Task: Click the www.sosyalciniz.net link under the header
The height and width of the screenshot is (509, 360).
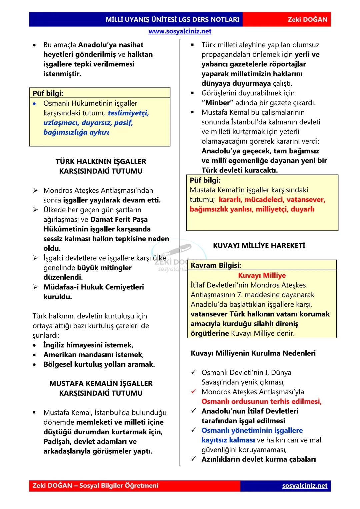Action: pyautogui.click(x=180, y=31)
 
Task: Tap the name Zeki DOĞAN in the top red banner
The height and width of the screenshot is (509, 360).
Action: pyautogui.click(x=307, y=19)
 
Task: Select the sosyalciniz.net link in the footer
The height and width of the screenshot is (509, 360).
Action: pyautogui.click(x=305, y=485)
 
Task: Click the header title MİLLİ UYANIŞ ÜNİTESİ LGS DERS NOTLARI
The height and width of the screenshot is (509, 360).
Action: pyautogui.click(x=172, y=19)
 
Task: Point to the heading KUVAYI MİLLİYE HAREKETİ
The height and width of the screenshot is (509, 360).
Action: pyautogui.click(x=259, y=246)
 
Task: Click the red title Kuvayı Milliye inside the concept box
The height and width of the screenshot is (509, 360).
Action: pyautogui.click(x=262, y=275)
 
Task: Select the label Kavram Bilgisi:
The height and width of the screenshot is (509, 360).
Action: pyautogui.click(x=216, y=265)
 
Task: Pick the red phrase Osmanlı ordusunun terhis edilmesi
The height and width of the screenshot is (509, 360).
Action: pyautogui.click(x=261, y=401)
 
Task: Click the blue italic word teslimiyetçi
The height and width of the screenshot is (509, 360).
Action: pyautogui.click(x=128, y=113)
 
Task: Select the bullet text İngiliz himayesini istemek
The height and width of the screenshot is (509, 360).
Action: pyautogui.click(x=88, y=345)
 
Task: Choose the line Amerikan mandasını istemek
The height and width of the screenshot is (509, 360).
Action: pyautogui.click(x=93, y=355)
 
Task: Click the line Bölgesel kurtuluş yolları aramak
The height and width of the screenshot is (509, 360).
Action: pyautogui.click(x=99, y=364)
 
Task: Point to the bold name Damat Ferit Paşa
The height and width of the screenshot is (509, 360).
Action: pyautogui.click(x=119, y=219)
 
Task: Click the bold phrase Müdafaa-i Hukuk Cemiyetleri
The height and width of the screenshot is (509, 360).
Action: pyautogui.click(x=94, y=287)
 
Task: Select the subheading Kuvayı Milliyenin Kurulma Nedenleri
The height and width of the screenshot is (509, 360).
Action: pyautogui.click(x=253, y=353)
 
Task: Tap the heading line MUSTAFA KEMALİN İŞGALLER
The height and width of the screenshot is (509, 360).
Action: pyautogui.click(x=101, y=383)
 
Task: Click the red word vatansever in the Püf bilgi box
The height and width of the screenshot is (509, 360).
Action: pyautogui.click(x=305, y=200)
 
